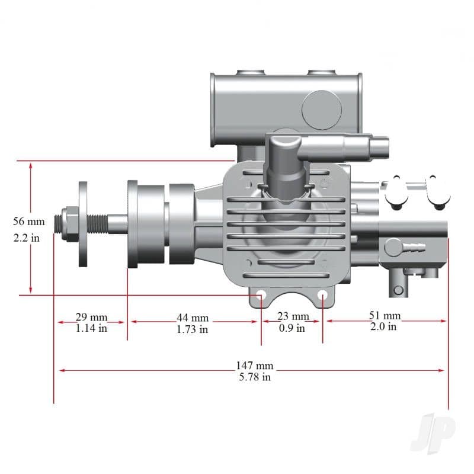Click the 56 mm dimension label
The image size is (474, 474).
29,222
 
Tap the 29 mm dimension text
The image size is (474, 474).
91,317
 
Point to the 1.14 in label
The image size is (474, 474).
91,328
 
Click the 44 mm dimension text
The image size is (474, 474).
193,318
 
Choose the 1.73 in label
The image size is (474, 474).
193,329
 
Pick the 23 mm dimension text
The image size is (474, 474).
293,316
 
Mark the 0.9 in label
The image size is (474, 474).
292,328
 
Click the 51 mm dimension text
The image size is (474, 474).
385,315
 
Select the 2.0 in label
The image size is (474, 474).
383,326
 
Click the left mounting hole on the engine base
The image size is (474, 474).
260,294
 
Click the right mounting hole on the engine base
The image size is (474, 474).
322,294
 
